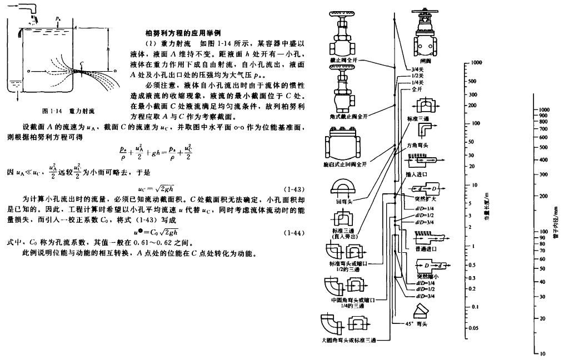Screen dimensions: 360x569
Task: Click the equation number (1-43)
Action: (x=292, y=189)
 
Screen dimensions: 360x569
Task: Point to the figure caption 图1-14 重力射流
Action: (x=65, y=111)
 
